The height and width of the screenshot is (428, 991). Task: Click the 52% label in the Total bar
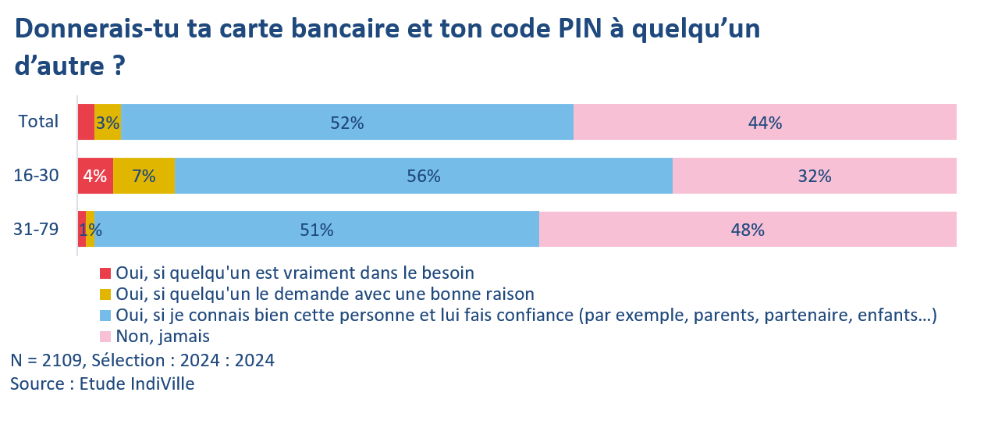[347, 123]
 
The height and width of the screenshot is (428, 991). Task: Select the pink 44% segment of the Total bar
[765, 123]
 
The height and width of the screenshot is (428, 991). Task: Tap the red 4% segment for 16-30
[95, 177]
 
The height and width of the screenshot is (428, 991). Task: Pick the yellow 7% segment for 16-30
[144, 177]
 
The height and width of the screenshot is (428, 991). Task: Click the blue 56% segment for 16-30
[423, 177]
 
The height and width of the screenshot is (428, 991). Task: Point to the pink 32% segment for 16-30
[814, 177]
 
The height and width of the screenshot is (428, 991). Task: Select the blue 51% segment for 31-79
[317, 230]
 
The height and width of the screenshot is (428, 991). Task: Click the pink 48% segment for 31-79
[748, 230]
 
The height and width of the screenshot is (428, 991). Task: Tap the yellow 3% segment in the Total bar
[108, 123]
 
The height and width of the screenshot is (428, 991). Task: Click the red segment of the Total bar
[86, 123]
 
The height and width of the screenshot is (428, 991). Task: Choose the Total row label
[39, 122]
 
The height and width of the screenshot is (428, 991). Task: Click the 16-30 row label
[37, 176]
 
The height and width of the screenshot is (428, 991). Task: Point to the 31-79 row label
[37, 230]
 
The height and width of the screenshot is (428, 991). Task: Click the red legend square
[105, 273]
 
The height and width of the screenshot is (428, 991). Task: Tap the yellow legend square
[105, 294]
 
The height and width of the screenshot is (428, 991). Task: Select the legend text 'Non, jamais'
[163, 337]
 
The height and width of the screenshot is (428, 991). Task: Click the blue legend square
[105, 316]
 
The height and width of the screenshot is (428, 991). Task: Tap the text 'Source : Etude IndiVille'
[102, 384]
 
